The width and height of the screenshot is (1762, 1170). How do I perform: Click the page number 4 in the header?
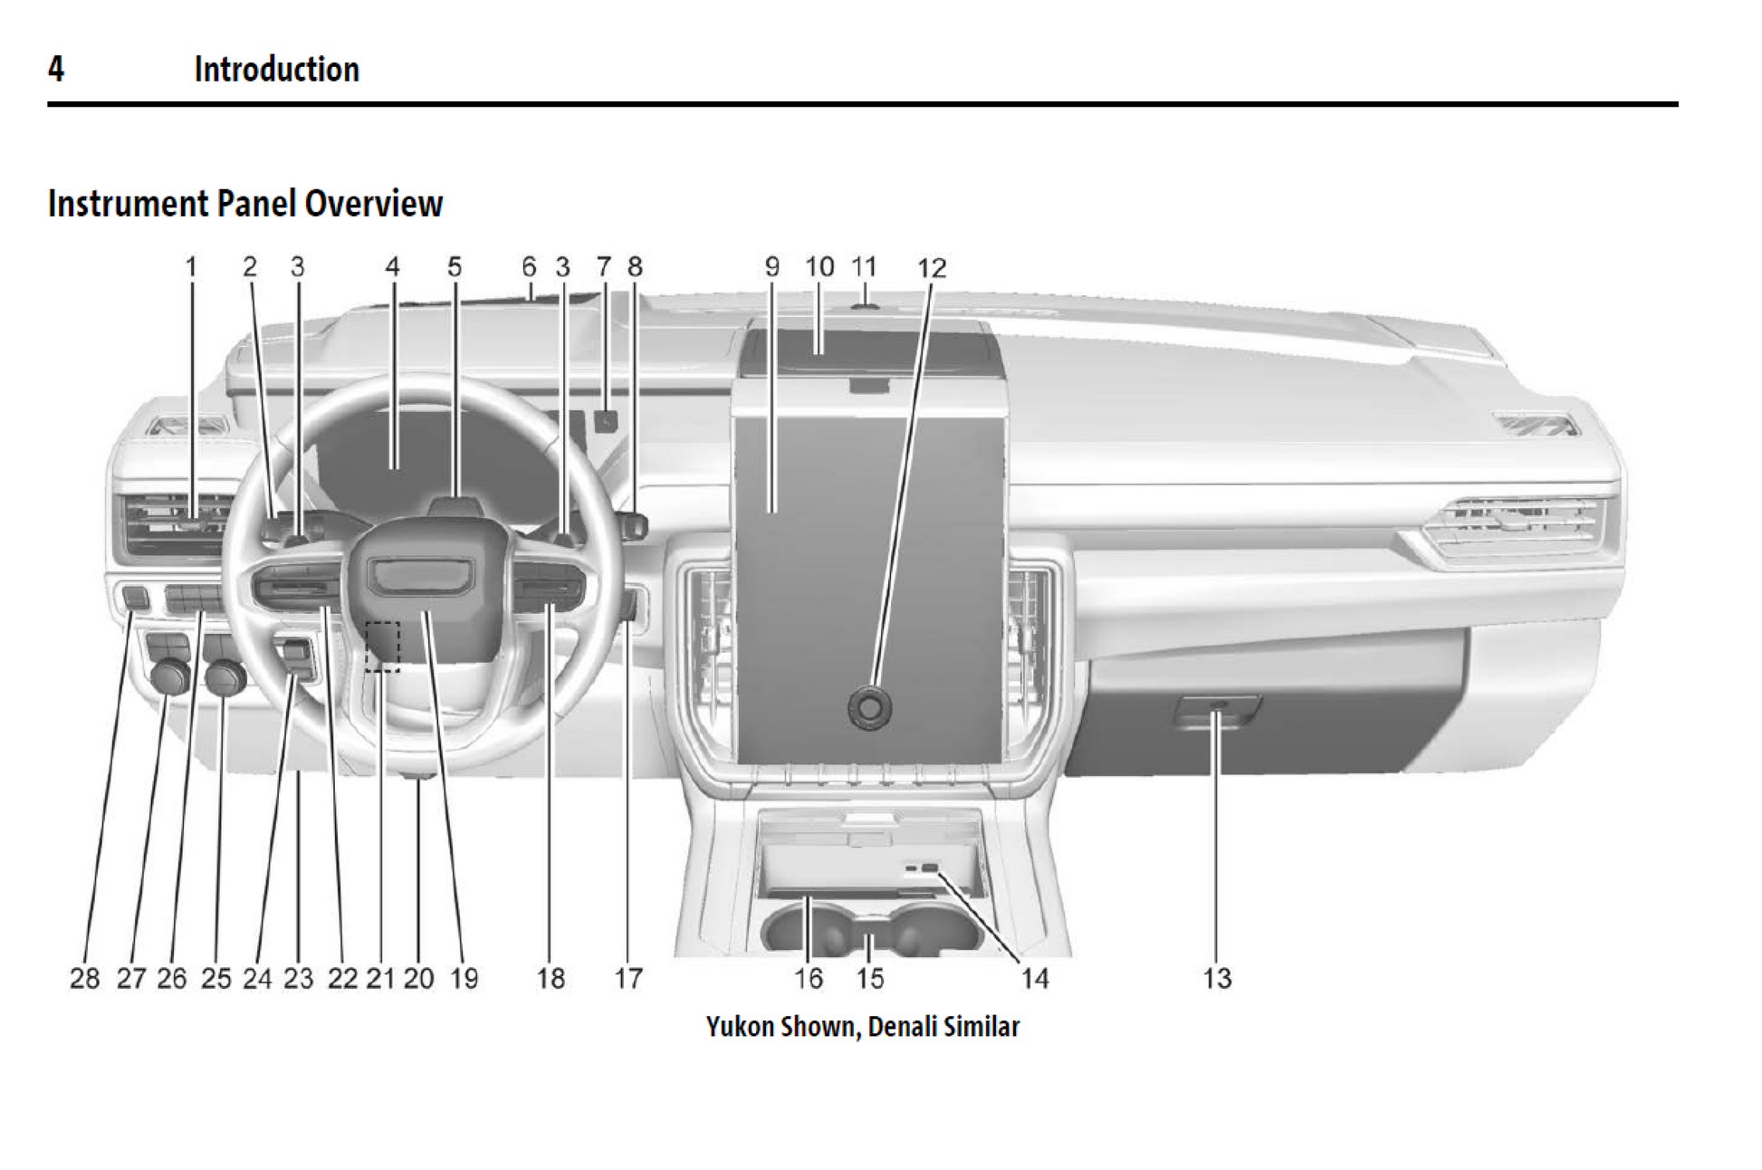tap(56, 69)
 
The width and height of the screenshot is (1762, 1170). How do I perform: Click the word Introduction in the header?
tap(276, 69)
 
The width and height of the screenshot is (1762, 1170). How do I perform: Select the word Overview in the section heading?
tap(373, 203)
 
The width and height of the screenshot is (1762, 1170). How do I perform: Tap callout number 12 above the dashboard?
tap(931, 268)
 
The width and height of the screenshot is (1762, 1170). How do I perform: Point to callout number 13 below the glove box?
tap(1217, 978)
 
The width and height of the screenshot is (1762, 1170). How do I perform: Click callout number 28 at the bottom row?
tap(84, 978)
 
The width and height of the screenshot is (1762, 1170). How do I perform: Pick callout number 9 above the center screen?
tap(771, 267)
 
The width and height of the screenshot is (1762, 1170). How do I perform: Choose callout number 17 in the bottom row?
tap(628, 978)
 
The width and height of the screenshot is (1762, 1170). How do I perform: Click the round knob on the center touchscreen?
tap(869, 707)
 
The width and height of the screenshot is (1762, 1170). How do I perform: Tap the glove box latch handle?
tap(1217, 710)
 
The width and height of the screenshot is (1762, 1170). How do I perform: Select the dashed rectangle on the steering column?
tap(382, 646)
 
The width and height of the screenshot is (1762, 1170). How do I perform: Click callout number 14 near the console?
tap(1034, 978)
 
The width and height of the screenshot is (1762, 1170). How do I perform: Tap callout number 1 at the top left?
tap(191, 267)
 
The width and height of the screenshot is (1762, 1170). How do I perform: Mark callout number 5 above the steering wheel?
tap(455, 267)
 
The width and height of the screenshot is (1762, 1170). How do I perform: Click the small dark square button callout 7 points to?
tap(606, 420)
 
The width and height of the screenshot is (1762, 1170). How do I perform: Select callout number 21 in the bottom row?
tap(380, 978)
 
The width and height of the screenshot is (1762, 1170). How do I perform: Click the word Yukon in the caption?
tap(739, 1026)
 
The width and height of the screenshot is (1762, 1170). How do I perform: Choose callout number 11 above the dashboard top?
tap(864, 267)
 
